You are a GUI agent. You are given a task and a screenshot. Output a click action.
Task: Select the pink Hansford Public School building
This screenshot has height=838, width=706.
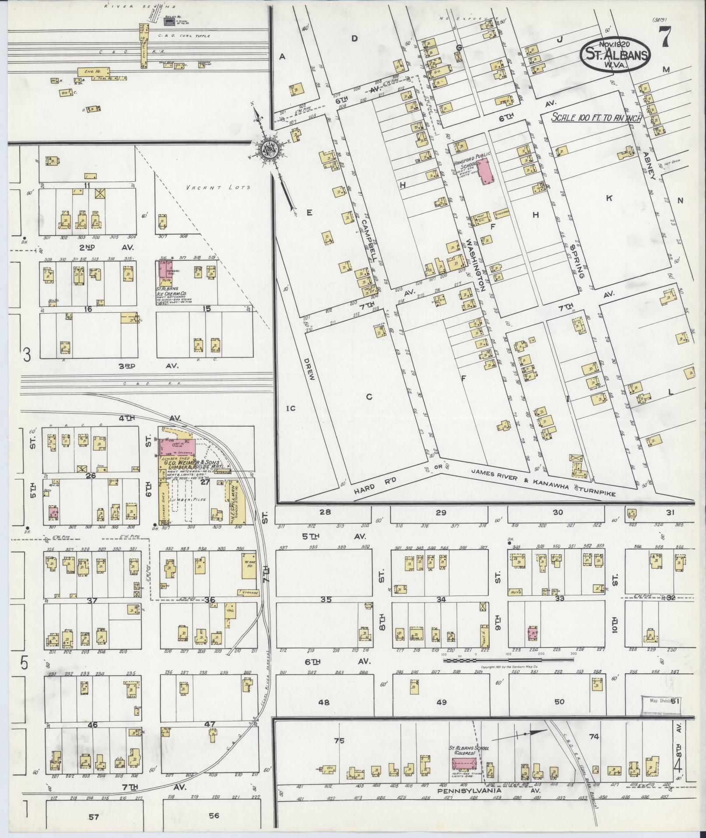(484, 172)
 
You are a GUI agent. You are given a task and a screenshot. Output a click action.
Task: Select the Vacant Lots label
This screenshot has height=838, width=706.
(218, 187)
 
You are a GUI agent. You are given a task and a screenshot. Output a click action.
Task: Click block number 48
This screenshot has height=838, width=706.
(323, 702)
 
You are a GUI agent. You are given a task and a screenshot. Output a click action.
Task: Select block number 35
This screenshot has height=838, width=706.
(326, 599)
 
